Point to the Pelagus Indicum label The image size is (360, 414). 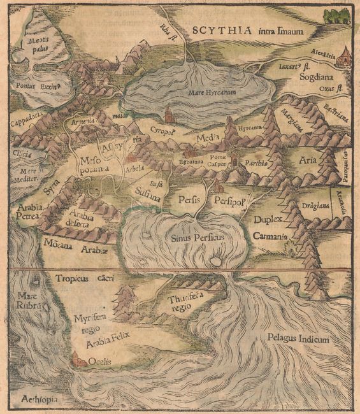click(x=299, y=339)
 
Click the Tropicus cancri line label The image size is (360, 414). click(x=79, y=278)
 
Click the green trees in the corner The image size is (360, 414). click(x=335, y=15)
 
